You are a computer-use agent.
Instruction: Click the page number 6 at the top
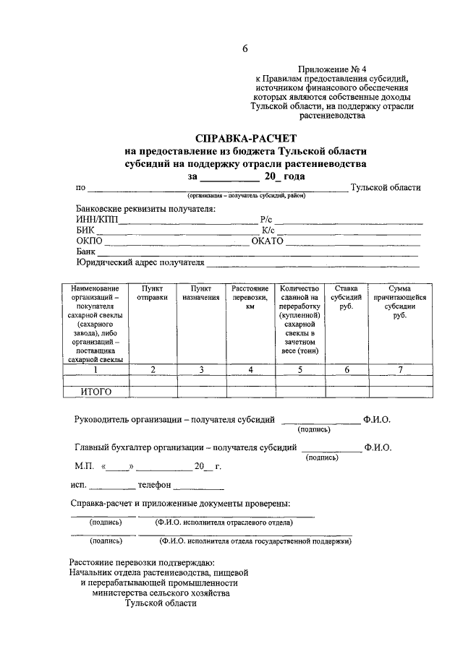point(245,48)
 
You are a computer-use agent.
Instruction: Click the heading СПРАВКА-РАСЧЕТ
point(245,138)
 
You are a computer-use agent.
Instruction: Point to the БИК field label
point(85,230)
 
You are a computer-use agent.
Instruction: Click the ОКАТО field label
point(267,241)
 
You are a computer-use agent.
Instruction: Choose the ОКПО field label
point(90,241)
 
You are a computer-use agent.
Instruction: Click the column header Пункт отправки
point(153,293)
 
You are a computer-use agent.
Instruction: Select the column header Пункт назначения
point(201,293)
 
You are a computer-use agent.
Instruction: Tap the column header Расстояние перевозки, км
point(250,297)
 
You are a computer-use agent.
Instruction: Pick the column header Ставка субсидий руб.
point(346,297)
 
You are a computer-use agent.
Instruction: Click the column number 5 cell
point(300,370)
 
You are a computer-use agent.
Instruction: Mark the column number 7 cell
point(400,370)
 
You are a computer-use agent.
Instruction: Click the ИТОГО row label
point(95,392)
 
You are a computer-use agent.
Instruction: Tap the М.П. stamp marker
point(85,466)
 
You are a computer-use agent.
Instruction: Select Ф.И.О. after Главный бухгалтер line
point(378,447)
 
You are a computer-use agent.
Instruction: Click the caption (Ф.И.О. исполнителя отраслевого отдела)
point(224,522)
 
